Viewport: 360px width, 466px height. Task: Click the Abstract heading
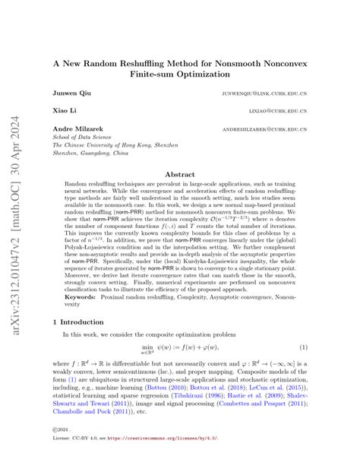[179, 174]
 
